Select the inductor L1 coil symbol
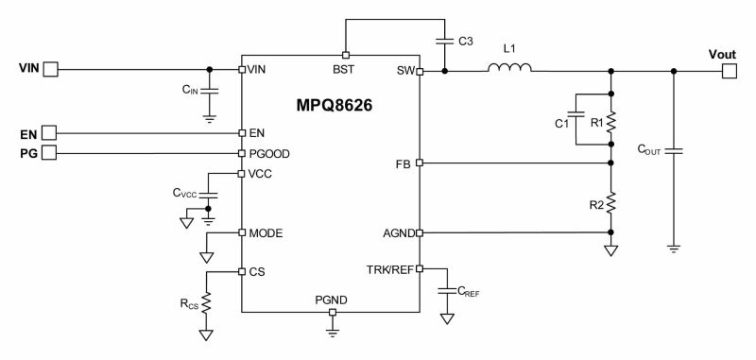point(509,69)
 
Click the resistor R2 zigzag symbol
point(611,201)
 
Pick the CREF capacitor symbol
point(446,290)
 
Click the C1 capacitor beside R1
point(576,121)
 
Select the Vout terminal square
point(730,70)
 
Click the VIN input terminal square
point(52,69)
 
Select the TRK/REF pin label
point(389,268)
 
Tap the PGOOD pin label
point(268,152)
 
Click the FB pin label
point(403,163)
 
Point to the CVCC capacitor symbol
point(210,194)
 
